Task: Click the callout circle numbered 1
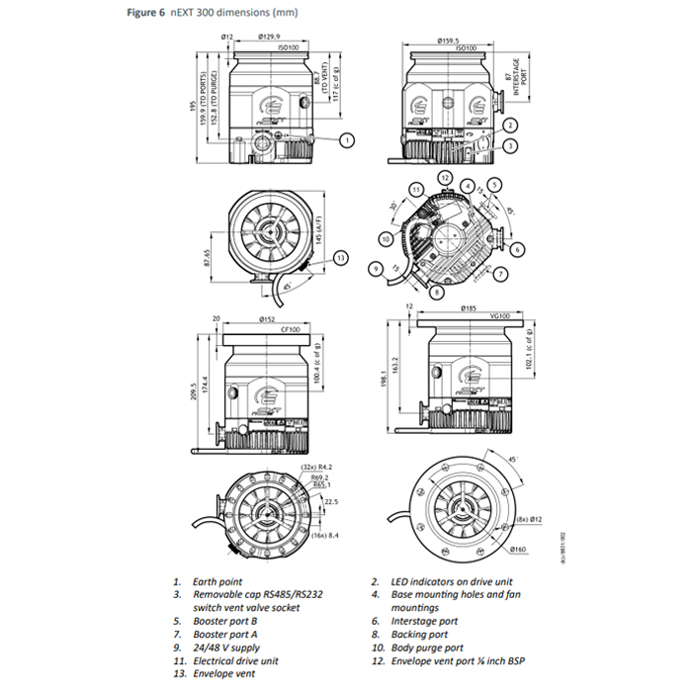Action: pyautogui.click(x=346, y=140)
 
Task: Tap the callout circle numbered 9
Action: pyautogui.click(x=376, y=268)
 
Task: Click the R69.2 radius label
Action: pyautogui.click(x=313, y=476)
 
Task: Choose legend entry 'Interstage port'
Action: pyautogui.click(x=425, y=621)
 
